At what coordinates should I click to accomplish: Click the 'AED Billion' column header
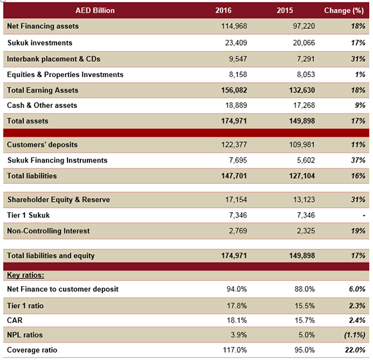95,10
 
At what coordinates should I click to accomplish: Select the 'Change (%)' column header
344,11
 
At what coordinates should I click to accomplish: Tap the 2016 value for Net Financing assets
234,26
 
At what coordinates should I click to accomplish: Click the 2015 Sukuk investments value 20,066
304,43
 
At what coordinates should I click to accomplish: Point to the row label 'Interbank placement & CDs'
53,59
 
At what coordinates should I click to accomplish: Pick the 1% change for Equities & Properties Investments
360,75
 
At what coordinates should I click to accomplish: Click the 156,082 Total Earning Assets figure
234,91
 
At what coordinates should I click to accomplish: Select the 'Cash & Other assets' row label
42,105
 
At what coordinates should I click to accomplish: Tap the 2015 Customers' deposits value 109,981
302,145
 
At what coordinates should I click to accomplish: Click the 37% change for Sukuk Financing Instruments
358,160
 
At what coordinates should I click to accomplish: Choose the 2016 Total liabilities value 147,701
234,176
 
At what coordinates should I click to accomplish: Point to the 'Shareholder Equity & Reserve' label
59,200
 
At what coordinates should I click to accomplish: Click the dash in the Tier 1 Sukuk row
364,215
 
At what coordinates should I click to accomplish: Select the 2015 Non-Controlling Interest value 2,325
305,231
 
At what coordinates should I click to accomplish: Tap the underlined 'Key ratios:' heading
26,275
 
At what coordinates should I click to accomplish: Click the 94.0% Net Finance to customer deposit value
237,289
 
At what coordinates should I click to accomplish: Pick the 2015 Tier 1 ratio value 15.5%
305,306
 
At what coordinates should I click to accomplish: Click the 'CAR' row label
15,321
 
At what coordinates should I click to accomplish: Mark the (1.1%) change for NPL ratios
354,336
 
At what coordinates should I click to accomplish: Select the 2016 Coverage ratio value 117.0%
235,350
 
